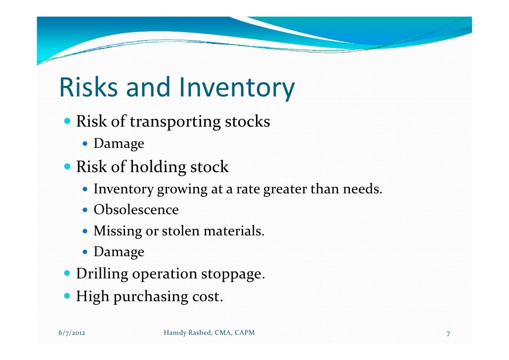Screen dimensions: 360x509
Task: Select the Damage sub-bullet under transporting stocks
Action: point(119,144)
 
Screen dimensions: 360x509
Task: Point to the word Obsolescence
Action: point(136,210)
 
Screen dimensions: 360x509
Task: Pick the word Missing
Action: point(117,231)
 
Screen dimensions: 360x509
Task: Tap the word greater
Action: point(285,189)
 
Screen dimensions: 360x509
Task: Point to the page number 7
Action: point(448,333)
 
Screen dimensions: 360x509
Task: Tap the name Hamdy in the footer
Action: point(174,333)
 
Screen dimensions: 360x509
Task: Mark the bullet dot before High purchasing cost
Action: point(68,297)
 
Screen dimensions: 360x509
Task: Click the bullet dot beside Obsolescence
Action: point(85,210)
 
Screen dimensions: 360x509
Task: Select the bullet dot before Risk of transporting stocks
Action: point(68,121)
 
